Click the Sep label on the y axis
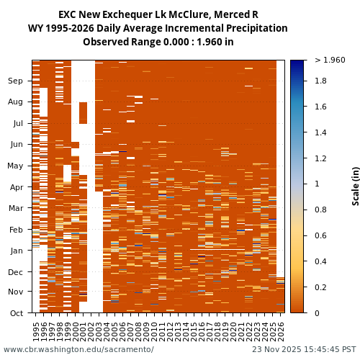coord(16,81)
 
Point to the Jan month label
coord(16,251)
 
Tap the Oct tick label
coord(16,313)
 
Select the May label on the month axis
coord(16,166)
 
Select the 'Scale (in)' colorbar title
coord(355,186)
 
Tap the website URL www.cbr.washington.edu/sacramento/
coord(78,350)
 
